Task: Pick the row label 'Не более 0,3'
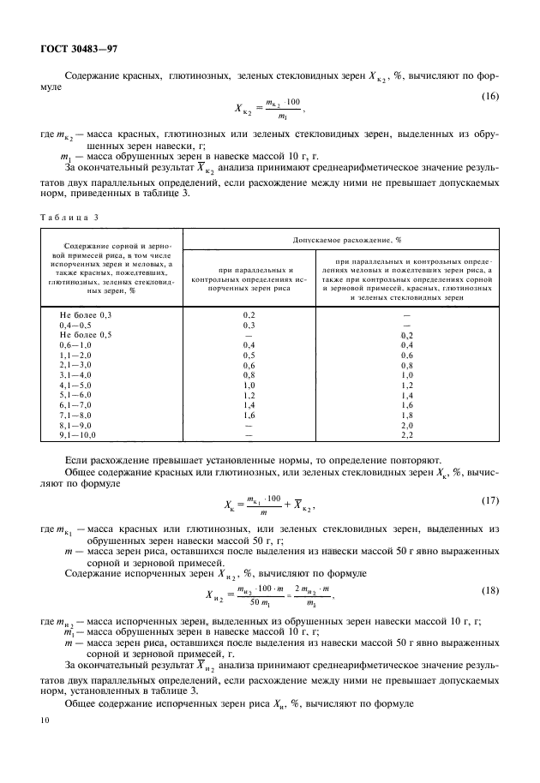click(x=81, y=316)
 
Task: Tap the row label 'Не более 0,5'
click(x=81, y=335)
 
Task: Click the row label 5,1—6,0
click(x=73, y=397)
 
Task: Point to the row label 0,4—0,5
click(x=73, y=326)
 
